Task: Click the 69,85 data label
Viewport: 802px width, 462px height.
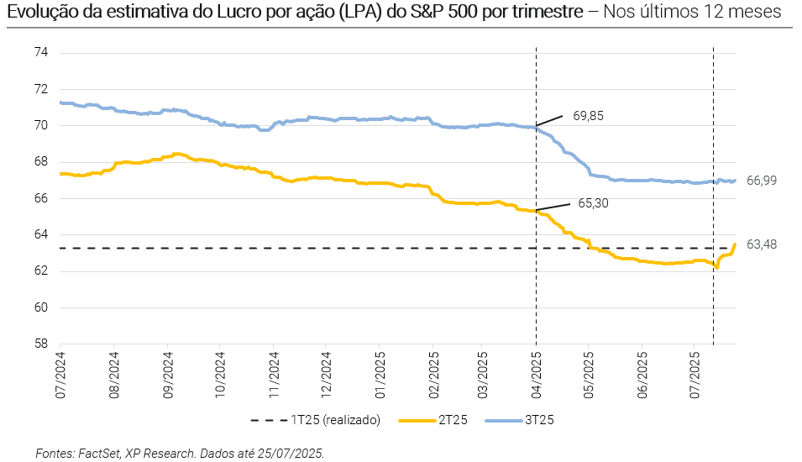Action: [x=588, y=115]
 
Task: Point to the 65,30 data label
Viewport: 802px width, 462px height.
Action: [x=594, y=203]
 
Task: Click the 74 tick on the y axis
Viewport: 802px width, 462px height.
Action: [x=41, y=53]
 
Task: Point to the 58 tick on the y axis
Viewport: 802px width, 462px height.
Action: [x=41, y=344]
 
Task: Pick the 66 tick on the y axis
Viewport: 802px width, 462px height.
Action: [x=41, y=198]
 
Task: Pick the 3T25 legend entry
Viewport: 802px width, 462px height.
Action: [x=538, y=420]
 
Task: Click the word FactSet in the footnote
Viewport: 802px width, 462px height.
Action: [x=99, y=453]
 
